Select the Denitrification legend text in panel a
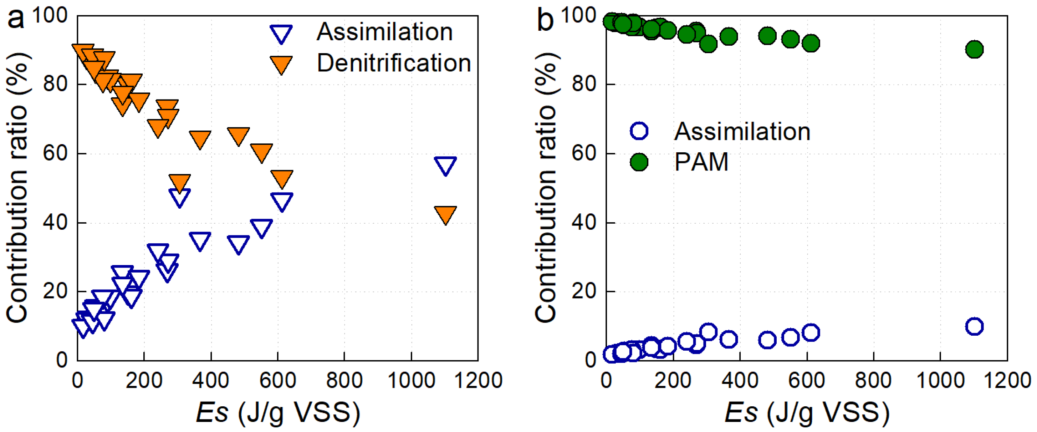tap(394, 63)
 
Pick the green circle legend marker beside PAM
tap(639, 162)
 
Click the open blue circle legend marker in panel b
tap(639, 131)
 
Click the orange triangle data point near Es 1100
tap(445, 214)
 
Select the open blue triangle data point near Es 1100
tap(445, 165)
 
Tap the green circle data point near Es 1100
tap(974, 50)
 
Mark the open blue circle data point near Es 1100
tap(974, 326)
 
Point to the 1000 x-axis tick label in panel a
tap(411, 380)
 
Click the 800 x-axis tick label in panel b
tap(873, 380)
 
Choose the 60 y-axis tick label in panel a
tap(55, 153)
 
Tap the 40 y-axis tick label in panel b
tap(584, 223)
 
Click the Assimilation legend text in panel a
tap(384, 32)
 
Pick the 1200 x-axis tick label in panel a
tap(478, 380)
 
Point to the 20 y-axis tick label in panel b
tap(584, 291)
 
